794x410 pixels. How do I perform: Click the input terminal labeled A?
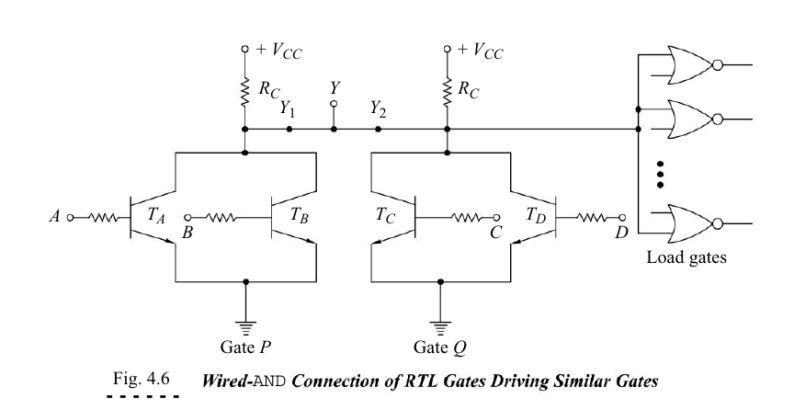70,218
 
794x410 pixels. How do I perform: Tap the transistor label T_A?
156,215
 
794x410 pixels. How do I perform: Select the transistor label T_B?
299,215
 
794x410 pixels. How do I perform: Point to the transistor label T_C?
385,215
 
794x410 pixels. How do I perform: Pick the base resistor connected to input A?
103,218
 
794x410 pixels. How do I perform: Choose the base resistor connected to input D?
592,218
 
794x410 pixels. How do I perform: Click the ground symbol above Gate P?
246,328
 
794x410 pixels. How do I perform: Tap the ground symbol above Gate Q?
440,328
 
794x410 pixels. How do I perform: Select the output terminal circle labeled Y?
334,104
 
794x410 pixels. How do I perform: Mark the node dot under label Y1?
289,130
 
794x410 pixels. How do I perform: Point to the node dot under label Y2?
378,130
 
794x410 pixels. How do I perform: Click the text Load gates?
686,257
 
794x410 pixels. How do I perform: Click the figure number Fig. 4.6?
141,379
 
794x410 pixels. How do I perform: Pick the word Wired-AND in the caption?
244,381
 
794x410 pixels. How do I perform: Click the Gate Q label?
440,348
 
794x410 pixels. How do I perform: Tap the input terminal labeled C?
497,218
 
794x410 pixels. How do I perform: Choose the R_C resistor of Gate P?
245,92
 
